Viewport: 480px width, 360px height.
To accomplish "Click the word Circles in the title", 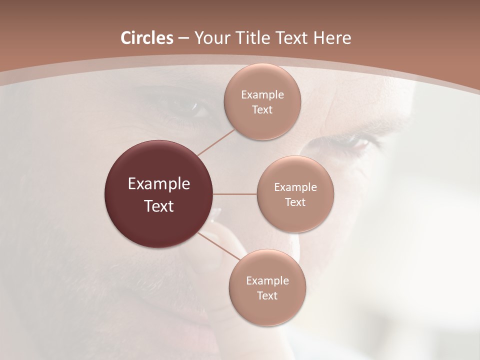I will [x=147, y=38].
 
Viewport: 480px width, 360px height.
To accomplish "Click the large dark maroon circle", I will [x=159, y=194].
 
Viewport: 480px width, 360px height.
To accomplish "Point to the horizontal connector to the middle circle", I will [x=235, y=194].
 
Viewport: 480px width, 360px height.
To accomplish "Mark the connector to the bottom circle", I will [x=218, y=246].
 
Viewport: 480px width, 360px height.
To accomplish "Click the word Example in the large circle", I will [x=159, y=184].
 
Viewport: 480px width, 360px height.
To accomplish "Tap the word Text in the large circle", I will [x=159, y=206].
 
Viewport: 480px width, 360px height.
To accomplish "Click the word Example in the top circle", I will [x=262, y=95].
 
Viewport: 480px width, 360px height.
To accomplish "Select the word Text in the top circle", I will [x=262, y=110].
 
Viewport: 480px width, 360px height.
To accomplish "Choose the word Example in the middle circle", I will [x=295, y=187].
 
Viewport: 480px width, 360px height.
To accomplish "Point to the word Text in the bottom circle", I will [x=267, y=296].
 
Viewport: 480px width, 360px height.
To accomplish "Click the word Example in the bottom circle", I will [x=267, y=281].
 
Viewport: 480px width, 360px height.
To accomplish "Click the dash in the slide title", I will [x=183, y=38].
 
